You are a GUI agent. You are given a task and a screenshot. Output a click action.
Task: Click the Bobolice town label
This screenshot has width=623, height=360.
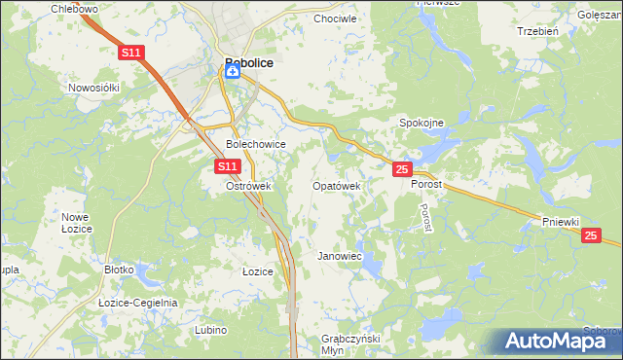248,62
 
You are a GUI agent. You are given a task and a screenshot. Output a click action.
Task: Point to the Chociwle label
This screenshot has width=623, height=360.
335,18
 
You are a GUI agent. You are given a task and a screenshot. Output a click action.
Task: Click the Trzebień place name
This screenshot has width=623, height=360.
537,30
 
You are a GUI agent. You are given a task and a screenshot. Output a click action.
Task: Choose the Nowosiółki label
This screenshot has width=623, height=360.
93,87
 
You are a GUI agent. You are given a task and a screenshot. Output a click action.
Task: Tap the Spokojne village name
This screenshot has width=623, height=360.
421,123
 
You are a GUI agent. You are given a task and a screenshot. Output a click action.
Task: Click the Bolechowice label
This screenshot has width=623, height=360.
255,144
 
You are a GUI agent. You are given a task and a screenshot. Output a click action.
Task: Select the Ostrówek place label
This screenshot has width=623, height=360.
247,185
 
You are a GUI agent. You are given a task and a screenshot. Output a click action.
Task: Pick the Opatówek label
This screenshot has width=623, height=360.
337,185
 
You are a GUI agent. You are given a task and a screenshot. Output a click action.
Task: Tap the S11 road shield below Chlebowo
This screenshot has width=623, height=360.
132,54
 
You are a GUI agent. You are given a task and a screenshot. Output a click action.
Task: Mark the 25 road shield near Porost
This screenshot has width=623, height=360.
402,169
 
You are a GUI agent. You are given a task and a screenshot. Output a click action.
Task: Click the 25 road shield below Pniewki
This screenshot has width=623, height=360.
591,234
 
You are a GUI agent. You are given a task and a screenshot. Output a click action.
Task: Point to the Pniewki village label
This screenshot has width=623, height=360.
563,222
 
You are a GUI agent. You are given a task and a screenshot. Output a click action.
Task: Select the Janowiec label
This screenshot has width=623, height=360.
340,256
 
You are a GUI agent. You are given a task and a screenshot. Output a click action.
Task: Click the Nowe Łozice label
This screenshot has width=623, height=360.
76,222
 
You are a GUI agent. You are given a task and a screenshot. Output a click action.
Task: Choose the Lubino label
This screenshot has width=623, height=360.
210,330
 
